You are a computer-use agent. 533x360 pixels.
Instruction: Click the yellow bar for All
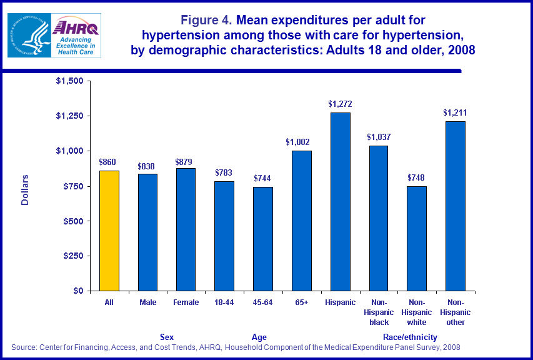coord(108,231)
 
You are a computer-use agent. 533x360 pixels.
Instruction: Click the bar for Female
coord(186,229)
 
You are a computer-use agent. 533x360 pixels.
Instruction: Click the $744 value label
coord(263,178)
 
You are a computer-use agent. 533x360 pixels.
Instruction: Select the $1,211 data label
coord(456,113)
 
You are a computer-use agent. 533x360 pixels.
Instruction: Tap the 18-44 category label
coord(224,302)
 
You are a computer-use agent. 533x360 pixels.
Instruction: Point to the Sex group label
coord(167,337)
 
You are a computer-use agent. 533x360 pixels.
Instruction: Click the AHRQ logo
coord(74,35)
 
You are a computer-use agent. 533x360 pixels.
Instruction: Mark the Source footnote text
coord(236,347)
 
